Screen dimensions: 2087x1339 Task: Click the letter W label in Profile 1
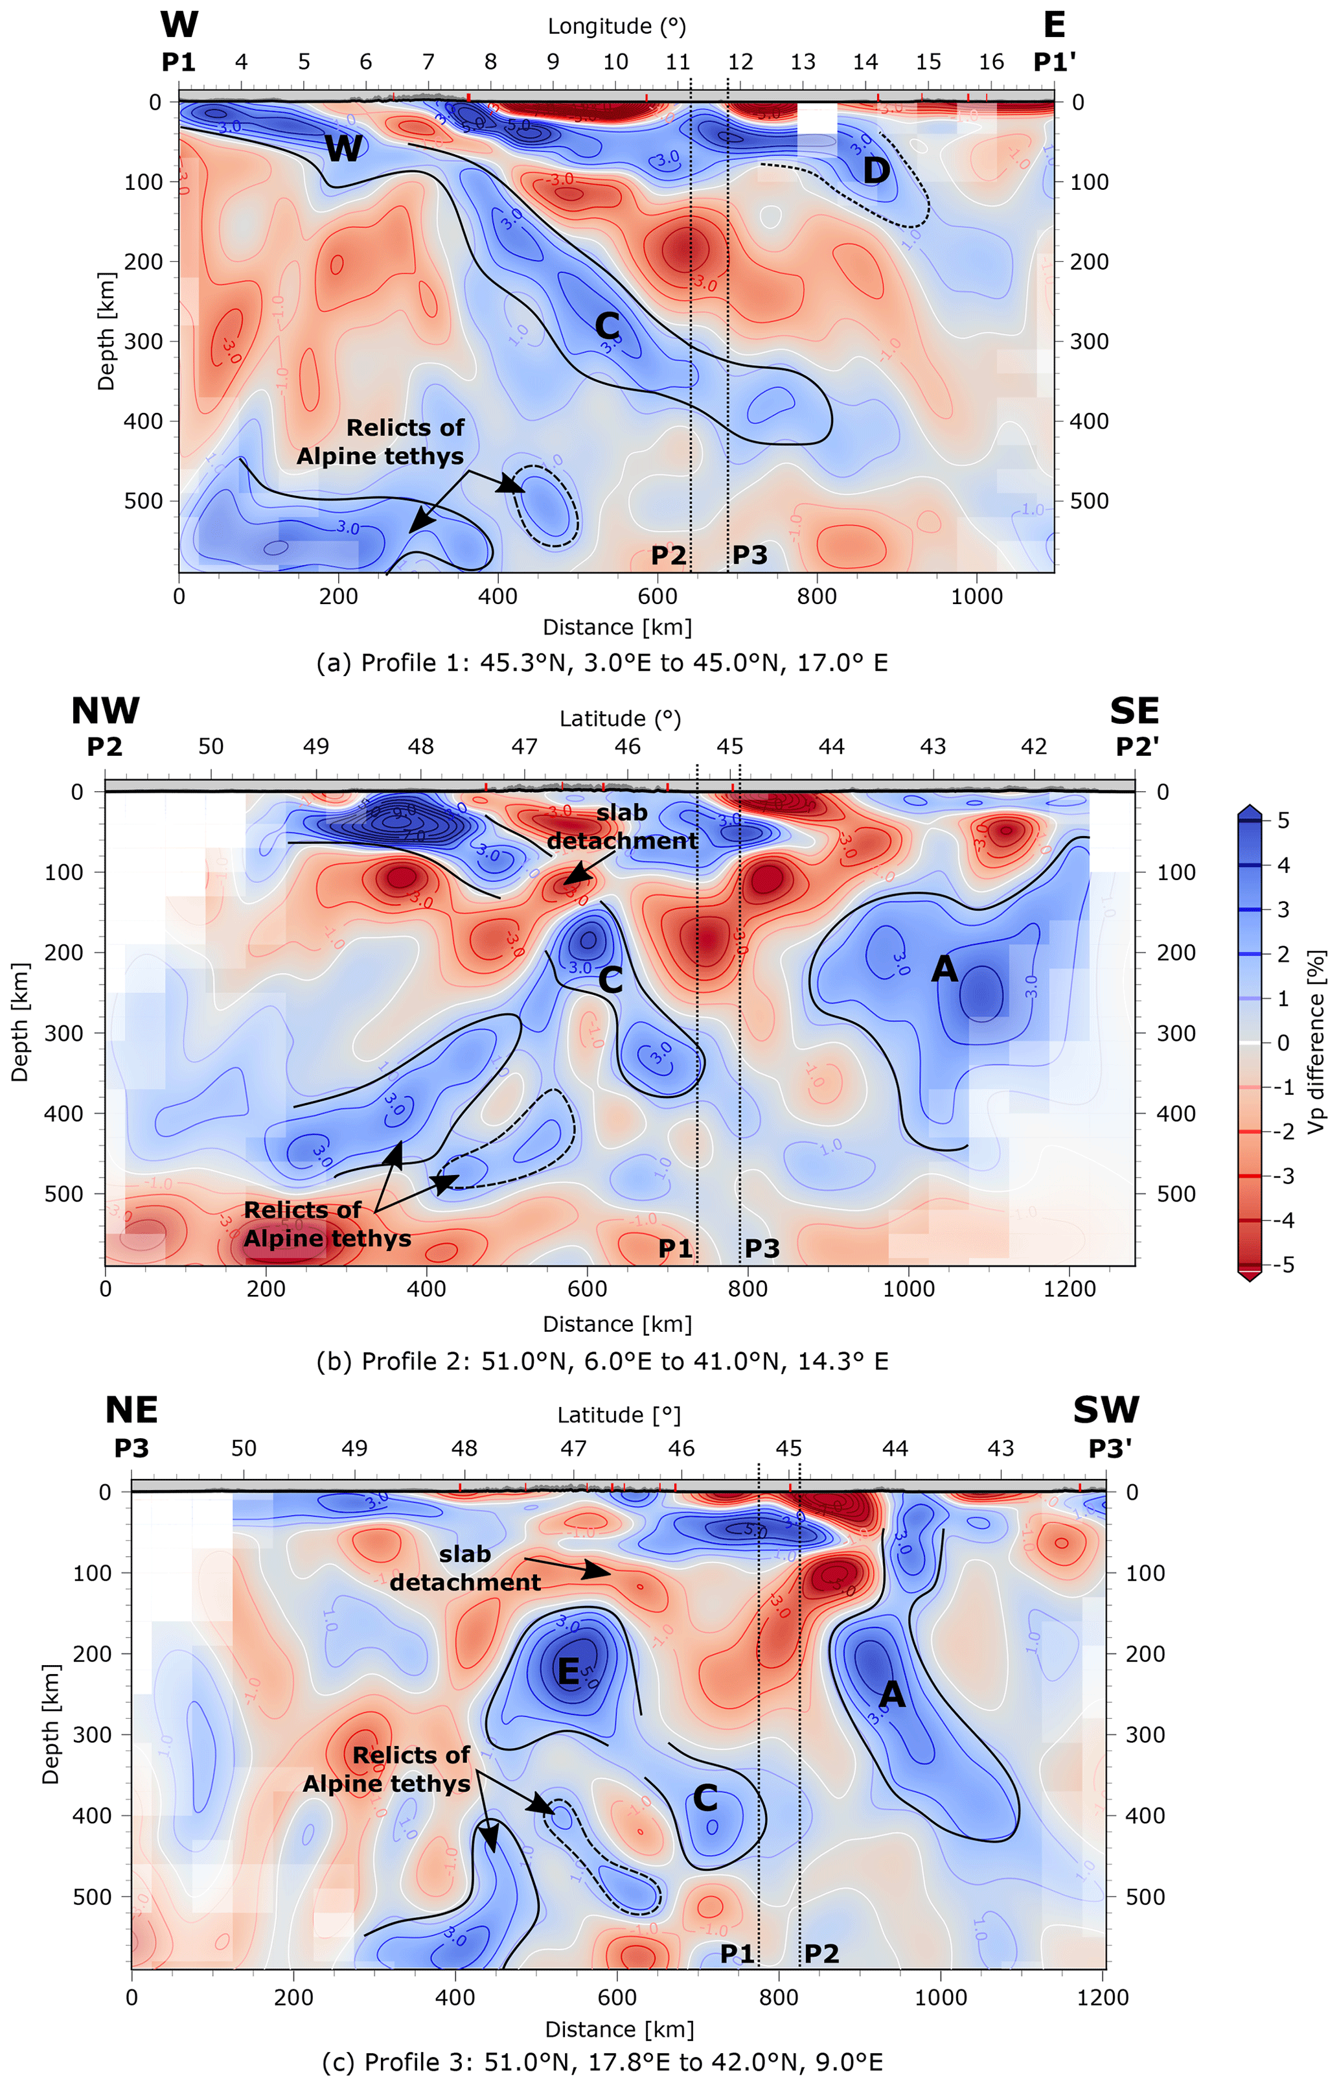pos(343,149)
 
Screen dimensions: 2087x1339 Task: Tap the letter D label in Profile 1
pos(876,170)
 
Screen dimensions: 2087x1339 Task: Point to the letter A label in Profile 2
pos(944,969)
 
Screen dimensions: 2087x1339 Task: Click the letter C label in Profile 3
pos(705,1797)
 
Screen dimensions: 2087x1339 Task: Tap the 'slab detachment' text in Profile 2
pos(622,826)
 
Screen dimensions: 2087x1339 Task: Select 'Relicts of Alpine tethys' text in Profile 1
pos(380,442)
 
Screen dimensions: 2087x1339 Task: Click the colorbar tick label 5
pos(1283,821)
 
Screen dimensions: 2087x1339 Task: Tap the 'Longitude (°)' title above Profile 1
pos(617,26)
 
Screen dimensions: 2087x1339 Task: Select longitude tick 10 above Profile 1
pos(615,62)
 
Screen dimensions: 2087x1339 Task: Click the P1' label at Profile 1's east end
pos(1055,62)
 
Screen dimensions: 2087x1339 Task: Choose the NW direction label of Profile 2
pos(104,711)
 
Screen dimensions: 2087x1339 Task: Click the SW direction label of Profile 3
pos(1105,1410)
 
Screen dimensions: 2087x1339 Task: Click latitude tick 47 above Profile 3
pos(573,1449)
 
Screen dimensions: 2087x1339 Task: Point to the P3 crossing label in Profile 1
pos(750,555)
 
